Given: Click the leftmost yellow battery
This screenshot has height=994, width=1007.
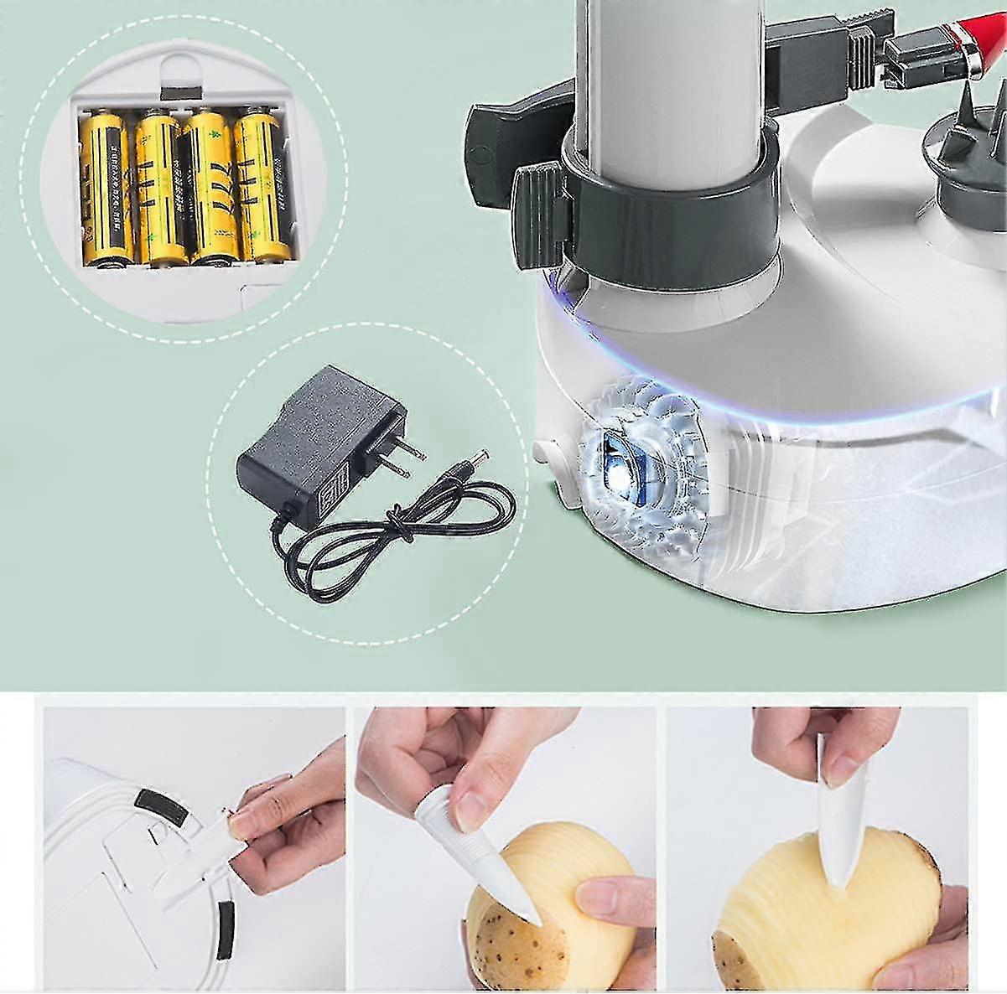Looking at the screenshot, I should (106, 189).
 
